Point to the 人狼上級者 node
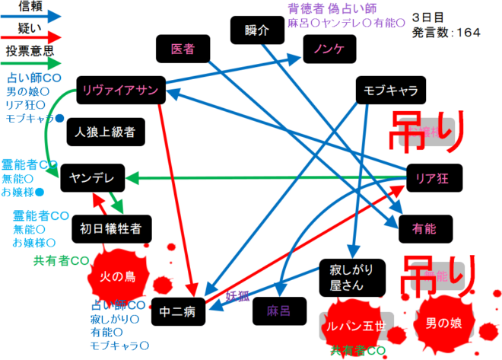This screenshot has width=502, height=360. (x=105, y=132)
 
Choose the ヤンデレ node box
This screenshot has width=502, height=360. (x=91, y=178)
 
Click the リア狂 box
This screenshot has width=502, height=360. (x=433, y=178)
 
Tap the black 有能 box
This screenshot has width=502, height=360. (x=423, y=226)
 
